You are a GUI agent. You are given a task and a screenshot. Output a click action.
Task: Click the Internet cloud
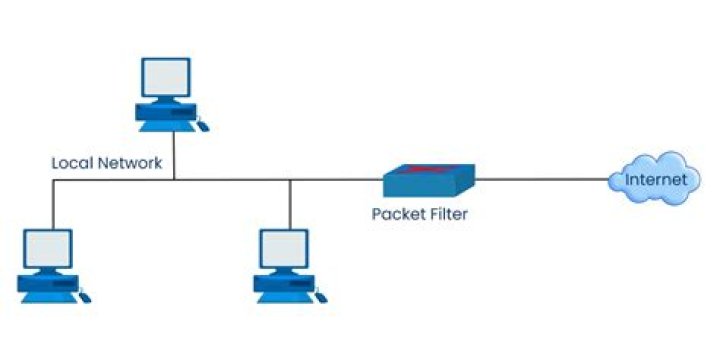(655, 179)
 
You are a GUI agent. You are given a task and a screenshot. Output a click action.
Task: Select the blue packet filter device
(428, 181)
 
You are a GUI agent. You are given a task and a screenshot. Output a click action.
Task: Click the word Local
(72, 162)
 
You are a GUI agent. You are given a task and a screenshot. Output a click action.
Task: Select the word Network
(129, 162)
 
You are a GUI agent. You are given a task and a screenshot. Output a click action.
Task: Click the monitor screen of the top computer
(165, 76)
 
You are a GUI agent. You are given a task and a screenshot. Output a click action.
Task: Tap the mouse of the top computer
(203, 125)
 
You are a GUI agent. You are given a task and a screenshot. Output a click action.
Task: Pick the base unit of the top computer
(166, 116)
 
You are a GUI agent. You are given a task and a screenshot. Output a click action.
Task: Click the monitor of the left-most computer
(47, 248)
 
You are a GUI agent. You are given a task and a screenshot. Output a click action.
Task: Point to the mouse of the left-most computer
(86, 297)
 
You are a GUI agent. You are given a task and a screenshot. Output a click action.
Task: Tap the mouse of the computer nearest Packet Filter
(322, 297)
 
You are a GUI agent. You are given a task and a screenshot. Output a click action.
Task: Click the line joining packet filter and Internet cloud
(540, 181)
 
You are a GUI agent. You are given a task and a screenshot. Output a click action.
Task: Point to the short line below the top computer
(174, 155)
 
